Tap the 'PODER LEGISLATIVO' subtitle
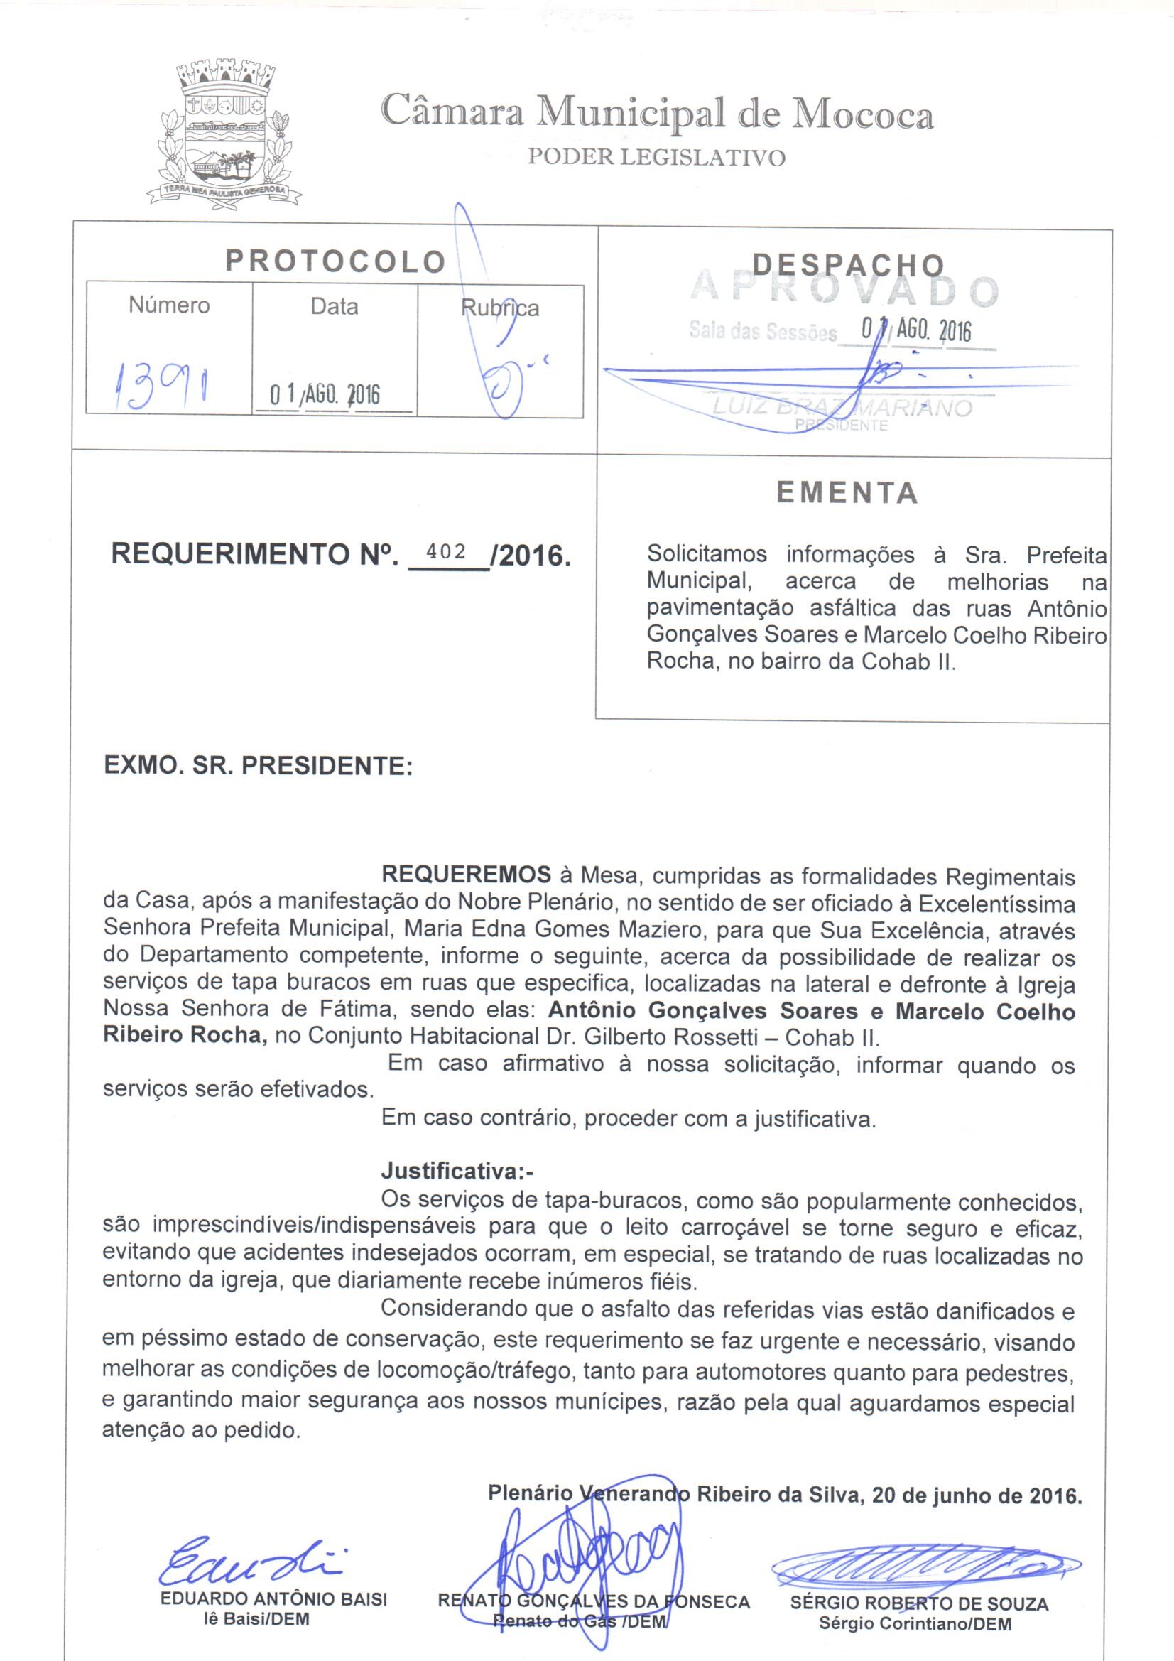(x=656, y=158)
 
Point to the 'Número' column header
(x=169, y=305)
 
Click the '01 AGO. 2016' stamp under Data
(x=325, y=395)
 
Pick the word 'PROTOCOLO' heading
(x=335, y=262)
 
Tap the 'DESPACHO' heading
(x=848, y=266)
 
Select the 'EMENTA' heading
(x=847, y=493)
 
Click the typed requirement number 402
(x=446, y=551)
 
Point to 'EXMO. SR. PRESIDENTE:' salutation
(x=259, y=766)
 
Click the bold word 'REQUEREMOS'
(x=466, y=875)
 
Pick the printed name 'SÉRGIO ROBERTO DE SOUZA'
(x=918, y=1603)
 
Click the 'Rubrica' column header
(x=500, y=308)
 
